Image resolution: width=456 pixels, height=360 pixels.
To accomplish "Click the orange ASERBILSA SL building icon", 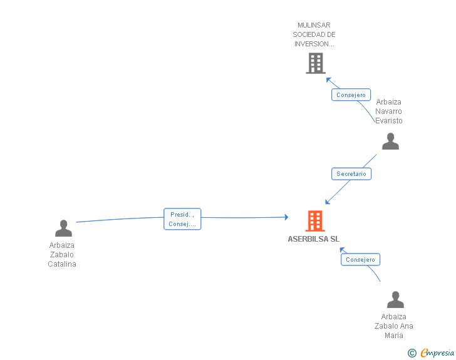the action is pyautogui.click(x=315, y=221).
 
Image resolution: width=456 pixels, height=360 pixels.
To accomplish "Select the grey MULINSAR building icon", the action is pyautogui.click(x=316, y=63).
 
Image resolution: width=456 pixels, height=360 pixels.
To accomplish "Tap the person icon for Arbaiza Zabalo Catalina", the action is pyautogui.click(x=63, y=228).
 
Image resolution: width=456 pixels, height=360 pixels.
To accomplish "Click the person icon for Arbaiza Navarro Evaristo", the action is pyautogui.click(x=390, y=141).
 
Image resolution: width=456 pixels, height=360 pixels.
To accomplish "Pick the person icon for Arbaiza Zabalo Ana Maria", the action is pyautogui.click(x=395, y=299).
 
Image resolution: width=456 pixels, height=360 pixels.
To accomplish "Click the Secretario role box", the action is pyautogui.click(x=351, y=174).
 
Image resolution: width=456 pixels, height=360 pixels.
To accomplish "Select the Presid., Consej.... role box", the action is pyautogui.click(x=182, y=219).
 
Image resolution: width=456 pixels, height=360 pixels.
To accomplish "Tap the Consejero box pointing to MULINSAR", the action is pyautogui.click(x=351, y=95).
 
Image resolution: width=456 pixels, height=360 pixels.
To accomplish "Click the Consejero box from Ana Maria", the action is pyautogui.click(x=360, y=259).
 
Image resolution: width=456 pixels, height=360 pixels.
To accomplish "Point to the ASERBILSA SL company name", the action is pyautogui.click(x=313, y=239).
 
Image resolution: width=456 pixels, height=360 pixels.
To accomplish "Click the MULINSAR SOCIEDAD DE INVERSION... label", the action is pyautogui.click(x=314, y=34).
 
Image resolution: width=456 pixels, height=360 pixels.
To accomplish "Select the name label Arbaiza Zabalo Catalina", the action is pyautogui.click(x=62, y=255).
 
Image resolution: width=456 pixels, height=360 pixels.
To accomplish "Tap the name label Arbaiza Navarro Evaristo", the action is pyautogui.click(x=389, y=111).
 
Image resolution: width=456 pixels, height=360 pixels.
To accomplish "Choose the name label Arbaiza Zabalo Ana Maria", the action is pyautogui.click(x=394, y=326).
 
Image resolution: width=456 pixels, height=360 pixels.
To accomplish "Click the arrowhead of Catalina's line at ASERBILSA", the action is pyautogui.click(x=286, y=217).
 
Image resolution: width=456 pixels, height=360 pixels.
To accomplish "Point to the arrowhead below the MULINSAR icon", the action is pyautogui.click(x=329, y=80).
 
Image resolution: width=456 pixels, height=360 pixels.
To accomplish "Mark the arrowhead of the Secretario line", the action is pyautogui.click(x=328, y=202).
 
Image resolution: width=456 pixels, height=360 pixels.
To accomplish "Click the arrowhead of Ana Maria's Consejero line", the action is pyautogui.click(x=342, y=250).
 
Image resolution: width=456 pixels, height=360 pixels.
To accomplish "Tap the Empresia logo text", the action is pyautogui.click(x=437, y=352).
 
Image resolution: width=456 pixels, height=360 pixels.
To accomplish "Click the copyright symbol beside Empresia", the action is pyautogui.click(x=412, y=353).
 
